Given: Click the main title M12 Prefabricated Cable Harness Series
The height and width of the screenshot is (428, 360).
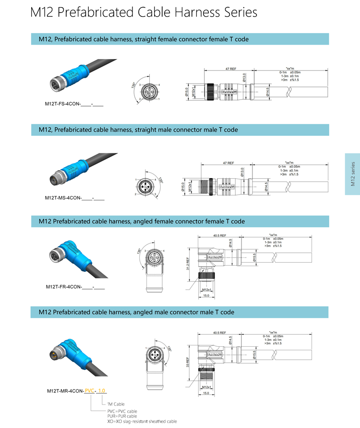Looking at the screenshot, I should click(144, 13).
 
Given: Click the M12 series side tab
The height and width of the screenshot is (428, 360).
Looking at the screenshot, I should click(352, 174).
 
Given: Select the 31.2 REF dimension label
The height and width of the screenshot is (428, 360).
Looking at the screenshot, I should click(189, 265).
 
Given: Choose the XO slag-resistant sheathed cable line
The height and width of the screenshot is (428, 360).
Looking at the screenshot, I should click(142, 421).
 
